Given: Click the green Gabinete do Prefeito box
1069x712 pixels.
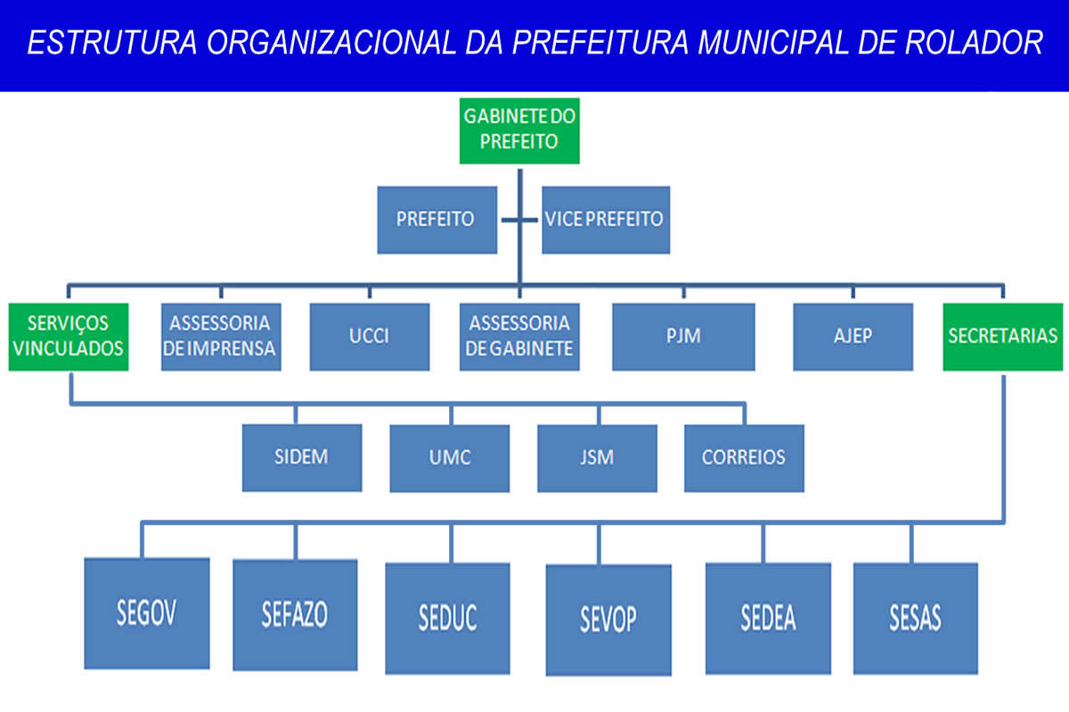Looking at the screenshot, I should coord(519,130).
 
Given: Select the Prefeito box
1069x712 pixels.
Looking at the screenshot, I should coord(436,219).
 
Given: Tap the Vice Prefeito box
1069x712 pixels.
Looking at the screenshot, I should coord(605,219).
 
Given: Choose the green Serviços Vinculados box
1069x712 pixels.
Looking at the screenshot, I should coord(69,336).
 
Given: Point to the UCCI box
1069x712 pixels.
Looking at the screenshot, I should coord(370,336).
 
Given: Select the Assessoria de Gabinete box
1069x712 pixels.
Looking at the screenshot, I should coord(519,336).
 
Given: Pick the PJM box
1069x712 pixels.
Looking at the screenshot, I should coord(683,336).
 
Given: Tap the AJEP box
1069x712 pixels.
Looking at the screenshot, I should coord(853,336).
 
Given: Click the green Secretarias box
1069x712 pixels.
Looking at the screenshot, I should coord(1003,336).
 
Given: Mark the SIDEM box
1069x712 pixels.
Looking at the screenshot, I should coord(302,457).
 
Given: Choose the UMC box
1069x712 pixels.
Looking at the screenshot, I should coord(450,457).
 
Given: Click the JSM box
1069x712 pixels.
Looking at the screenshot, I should coord(597,457).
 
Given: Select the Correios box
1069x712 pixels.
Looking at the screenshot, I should coord(744,457).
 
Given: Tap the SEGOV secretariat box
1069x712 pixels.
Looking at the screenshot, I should coord(147,615).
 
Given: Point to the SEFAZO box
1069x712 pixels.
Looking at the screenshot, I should coord(295,615).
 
